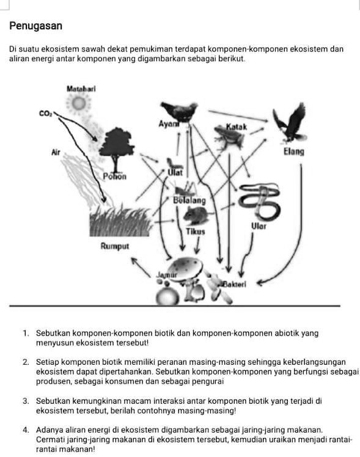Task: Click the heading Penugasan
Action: point(36,26)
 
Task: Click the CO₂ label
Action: point(45,113)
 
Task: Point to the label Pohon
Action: point(114,177)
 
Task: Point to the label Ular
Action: point(258,226)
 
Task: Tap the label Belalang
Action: point(189,200)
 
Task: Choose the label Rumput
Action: point(115,246)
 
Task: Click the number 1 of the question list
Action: point(26,334)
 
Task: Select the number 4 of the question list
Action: point(26,430)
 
